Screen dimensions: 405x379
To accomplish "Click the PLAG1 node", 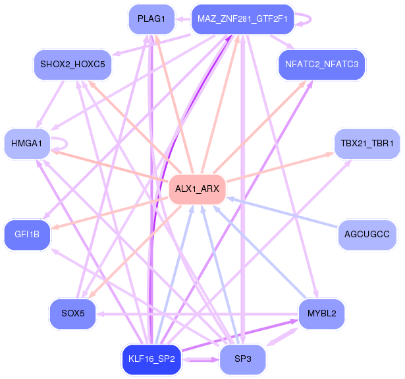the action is pyautogui.click(x=151, y=19).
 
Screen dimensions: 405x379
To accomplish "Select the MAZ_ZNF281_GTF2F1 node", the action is pyautogui.click(x=242, y=19).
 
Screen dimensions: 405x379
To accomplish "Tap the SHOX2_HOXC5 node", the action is pyautogui.click(x=72, y=65).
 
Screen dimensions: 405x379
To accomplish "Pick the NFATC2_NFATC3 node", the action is pyautogui.click(x=321, y=65).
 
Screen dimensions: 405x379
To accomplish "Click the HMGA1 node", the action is pyautogui.click(x=27, y=144).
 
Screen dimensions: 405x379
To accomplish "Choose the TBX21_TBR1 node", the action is pyautogui.click(x=367, y=144).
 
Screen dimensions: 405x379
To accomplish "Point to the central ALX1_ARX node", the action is pyautogui.click(x=197, y=189).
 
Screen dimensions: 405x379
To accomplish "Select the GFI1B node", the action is pyautogui.click(x=27, y=235).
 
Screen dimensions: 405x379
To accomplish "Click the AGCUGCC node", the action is pyautogui.click(x=367, y=235).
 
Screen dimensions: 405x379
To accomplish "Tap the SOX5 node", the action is pyautogui.click(x=72, y=314).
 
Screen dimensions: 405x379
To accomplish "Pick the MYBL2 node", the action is pyautogui.click(x=321, y=314).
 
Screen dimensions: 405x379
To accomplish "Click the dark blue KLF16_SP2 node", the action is pyautogui.click(x=151, y=359).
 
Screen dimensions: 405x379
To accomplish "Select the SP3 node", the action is pyautogui.click(x=242, y=359).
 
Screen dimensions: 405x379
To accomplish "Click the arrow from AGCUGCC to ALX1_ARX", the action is pyautogui.click(x=282, y=213).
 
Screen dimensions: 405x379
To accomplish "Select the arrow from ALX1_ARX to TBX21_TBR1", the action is pyautogui.click(x=281, y=167).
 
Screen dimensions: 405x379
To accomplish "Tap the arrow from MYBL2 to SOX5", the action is pyautogui.click(x=198, y=314).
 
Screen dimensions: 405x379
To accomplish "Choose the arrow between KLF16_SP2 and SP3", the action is pyautogui.click(x=201, y=360).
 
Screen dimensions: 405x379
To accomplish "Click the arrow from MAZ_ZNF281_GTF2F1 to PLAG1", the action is pyautogui.click(x=183, y=19).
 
